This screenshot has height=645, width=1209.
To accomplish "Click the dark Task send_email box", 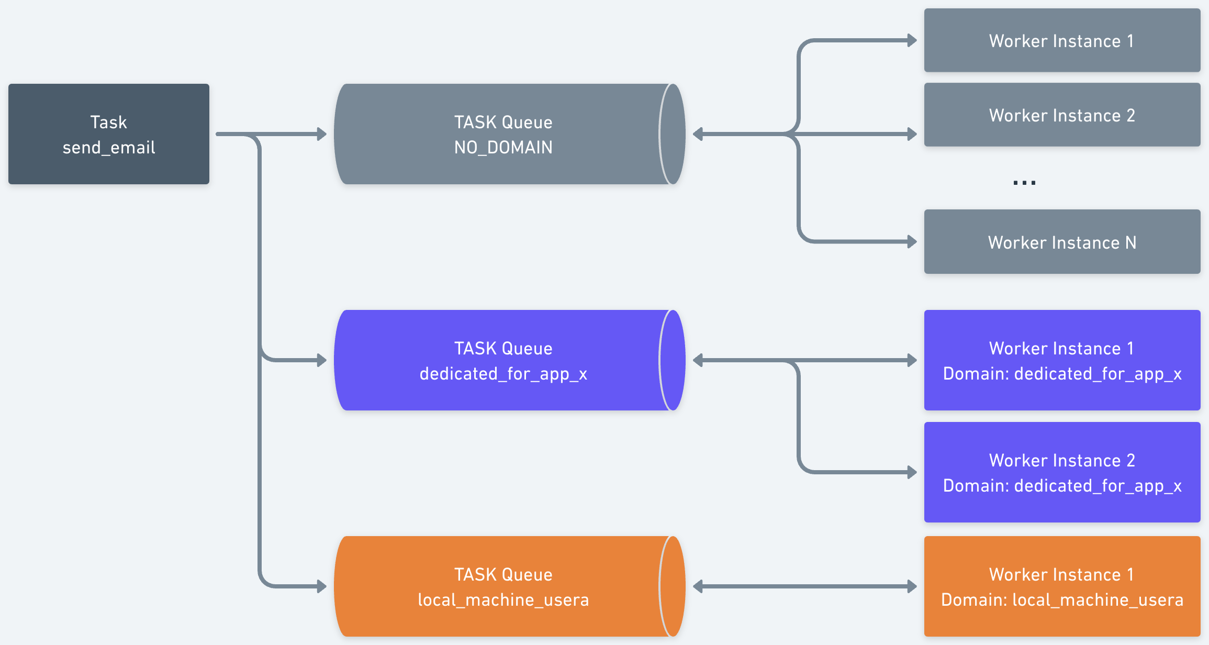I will coord(109,134).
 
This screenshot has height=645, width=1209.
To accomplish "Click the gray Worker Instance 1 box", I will coord(1062,40).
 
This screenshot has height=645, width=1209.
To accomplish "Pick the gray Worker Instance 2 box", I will coord(1062,115).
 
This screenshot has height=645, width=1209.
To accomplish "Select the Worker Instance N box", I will coord(1062,242).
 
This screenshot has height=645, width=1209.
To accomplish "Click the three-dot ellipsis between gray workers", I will coord(1024,183).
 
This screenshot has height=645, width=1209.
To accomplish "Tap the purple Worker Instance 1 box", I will coord(1062,360).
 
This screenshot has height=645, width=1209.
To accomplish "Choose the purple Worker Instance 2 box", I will coord(1062,472).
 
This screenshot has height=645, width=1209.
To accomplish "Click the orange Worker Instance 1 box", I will coord(1062,586).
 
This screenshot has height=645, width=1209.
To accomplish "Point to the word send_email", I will coord(109,148).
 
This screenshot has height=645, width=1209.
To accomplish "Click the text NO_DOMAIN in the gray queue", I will coord(503,148).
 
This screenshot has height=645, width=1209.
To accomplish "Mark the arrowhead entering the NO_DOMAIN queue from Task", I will coord(322,134).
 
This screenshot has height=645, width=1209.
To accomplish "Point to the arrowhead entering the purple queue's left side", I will coord(322,360).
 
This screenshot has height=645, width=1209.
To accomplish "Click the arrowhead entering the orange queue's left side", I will coord(322,586).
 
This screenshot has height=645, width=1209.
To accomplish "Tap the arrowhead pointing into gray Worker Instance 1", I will coord(912,40).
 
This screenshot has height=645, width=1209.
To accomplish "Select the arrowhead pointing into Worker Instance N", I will coord(912,242).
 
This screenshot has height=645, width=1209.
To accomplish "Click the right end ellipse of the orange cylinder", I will coord(673,586).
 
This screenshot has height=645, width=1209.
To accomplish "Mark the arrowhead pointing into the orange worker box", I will coord(912,586).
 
